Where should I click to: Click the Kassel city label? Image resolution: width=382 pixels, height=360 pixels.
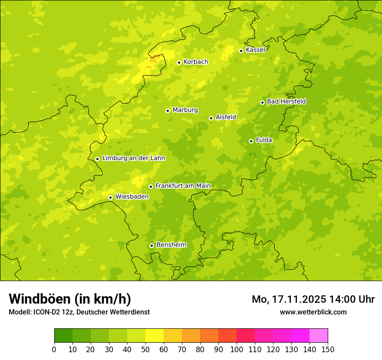tap(255, 50)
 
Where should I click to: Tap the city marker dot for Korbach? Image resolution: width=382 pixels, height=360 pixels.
tap(179, 62)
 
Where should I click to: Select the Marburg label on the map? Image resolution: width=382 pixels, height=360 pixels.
tap(185, 110)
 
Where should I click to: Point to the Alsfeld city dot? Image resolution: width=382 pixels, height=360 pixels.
tap(211, 118)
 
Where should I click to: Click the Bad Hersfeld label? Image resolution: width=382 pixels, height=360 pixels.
tap(286, 101)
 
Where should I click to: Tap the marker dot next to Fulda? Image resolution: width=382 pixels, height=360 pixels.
tap(251, 141)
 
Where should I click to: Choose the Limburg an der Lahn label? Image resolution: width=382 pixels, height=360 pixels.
tap(133, 158)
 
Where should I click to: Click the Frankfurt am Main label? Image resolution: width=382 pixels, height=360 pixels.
tap(183, 186)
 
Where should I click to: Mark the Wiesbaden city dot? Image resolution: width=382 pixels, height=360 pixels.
tap(110, 197)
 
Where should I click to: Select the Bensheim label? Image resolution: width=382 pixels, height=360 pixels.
tap(171, 245)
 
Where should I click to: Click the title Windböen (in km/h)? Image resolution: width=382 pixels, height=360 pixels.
tap(69, 299)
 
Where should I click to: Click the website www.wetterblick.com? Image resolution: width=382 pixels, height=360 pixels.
tap(313, 312)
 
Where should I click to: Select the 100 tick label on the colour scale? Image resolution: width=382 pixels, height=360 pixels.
tap(237, 349)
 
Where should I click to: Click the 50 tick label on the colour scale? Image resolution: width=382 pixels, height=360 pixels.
tap(145, 349)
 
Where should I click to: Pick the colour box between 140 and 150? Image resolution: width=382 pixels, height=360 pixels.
tap(319, 336)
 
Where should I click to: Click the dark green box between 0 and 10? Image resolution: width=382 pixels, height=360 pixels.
tap(63, 336)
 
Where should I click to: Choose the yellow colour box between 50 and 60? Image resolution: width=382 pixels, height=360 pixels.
tap(155, 336)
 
